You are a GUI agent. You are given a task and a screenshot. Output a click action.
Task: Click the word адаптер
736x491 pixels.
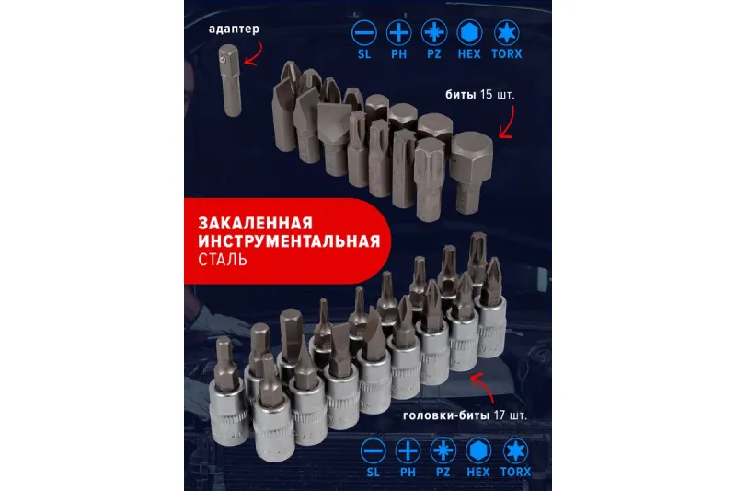coord(234,29)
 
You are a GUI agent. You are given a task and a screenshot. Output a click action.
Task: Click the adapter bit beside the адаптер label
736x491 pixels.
coord(230,80)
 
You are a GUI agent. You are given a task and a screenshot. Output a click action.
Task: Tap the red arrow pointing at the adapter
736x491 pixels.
coord(254,54)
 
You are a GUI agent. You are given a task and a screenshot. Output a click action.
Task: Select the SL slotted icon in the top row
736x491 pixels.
coord(364,33)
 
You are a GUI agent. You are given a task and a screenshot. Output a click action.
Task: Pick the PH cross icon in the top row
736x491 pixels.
coord(399,33)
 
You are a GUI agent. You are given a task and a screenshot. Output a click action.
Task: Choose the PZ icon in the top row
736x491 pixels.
coord(433,33)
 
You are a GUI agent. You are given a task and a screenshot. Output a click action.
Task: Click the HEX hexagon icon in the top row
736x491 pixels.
coord(469,33)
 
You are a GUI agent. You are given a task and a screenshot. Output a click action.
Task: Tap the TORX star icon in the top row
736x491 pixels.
coord(507,33)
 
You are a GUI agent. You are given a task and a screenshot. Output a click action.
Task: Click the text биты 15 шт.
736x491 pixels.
coord(479,95)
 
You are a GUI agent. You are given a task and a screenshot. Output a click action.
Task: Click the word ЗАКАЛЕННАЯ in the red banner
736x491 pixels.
coord(256,222)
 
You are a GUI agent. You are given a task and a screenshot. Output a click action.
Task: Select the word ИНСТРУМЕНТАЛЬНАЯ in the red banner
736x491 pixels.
coord(289,241)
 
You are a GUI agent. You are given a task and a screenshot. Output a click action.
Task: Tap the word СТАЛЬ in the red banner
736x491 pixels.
coord(223,260)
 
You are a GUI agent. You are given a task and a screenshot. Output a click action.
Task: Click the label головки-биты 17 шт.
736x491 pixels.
coord(465,415)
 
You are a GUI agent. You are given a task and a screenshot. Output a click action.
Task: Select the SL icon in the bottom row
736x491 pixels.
coord(374,450)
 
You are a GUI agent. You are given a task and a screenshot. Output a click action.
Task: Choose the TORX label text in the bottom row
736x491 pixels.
coord(515,472)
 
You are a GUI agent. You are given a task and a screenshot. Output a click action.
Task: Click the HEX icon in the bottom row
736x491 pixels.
coord(477,450)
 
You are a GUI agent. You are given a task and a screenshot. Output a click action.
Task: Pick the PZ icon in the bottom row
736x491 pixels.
coord(443,450)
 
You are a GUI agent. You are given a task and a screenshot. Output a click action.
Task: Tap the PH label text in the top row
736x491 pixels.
coord(399,54)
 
